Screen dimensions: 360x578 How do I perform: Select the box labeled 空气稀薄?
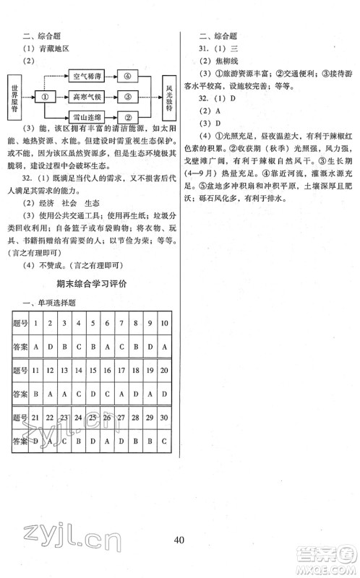pos(87,75)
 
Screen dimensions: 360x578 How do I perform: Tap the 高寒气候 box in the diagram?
pos(87,96)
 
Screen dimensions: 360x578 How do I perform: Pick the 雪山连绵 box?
pos(87,116)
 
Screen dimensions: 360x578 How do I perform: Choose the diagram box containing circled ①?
pos(46,96)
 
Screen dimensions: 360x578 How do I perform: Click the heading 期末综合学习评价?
pos(90,283)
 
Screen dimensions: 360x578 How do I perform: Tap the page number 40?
pos(179,535)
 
